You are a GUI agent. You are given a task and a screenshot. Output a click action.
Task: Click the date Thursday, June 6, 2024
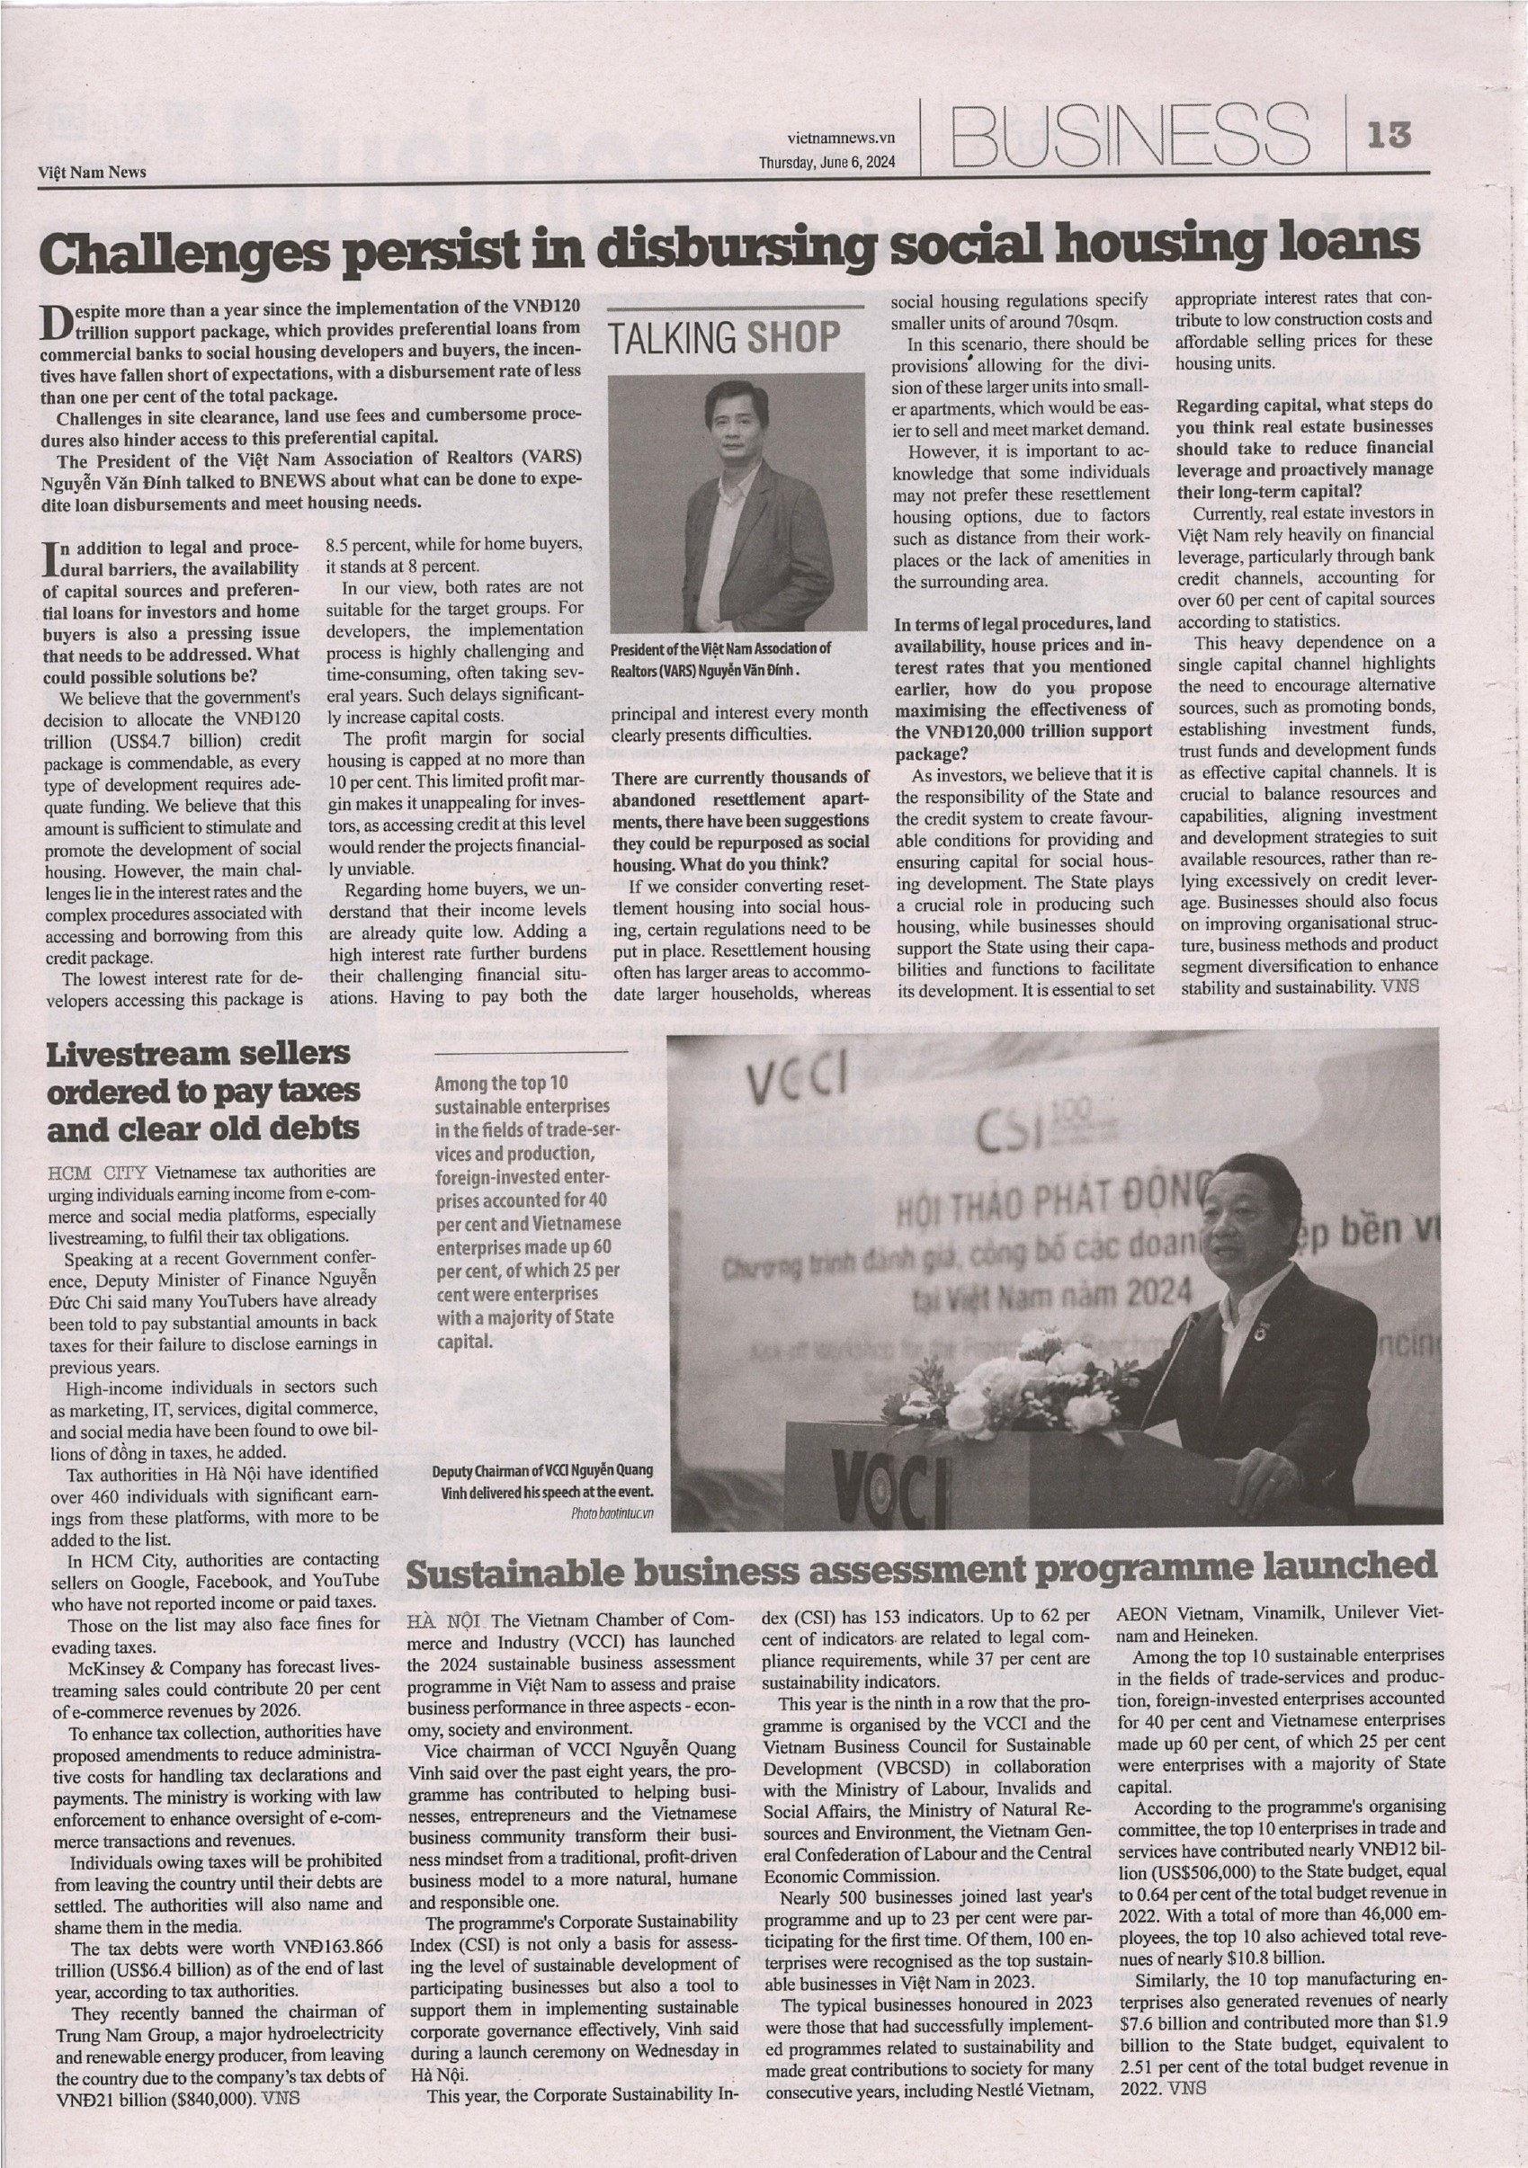pos(827,162)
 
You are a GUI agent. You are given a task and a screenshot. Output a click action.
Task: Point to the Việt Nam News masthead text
pos(93,172)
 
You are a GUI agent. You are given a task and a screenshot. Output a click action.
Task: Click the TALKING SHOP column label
pos(725,338)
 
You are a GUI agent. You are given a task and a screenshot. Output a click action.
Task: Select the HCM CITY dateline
pos(97,1173)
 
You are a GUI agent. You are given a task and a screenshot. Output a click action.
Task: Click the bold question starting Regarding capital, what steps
pos(1304,449)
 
